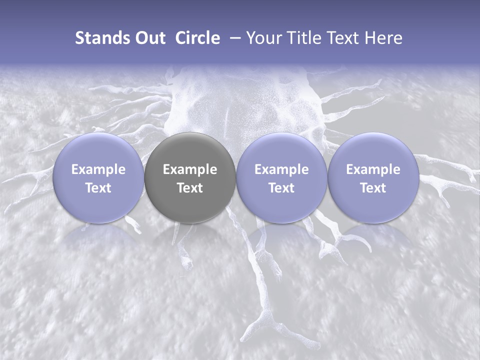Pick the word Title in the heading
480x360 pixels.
click(304, 38)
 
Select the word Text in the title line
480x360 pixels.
click(344, 38)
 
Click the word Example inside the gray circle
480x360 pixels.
click(190, 169)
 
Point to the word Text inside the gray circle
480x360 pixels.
click(190, 188)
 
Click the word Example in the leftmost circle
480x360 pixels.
click(98, 169)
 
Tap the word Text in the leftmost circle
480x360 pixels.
click(98, 188)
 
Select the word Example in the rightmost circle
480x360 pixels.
click(373, 169)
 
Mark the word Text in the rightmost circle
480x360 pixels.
click(373, 188)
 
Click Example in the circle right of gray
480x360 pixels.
click(281, 169)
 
